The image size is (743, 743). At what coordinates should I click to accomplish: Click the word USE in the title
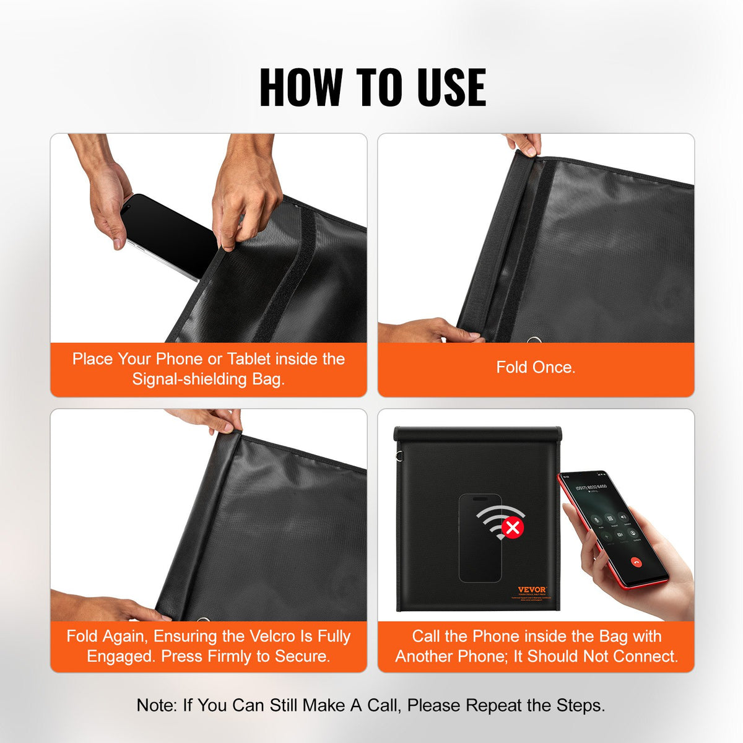(x=451, y=87)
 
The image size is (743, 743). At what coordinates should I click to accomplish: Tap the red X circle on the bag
(x=513, y=528)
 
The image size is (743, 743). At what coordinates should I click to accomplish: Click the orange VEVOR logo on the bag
(x=532, y=589)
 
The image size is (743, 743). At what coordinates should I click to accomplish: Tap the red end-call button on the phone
(x=635, y=562)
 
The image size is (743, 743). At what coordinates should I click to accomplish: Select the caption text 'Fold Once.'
(x=536, y=367)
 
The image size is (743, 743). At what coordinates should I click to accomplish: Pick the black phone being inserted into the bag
(x=167, y=235)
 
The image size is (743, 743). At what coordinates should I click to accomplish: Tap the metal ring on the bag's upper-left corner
(x=400, y=458)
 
